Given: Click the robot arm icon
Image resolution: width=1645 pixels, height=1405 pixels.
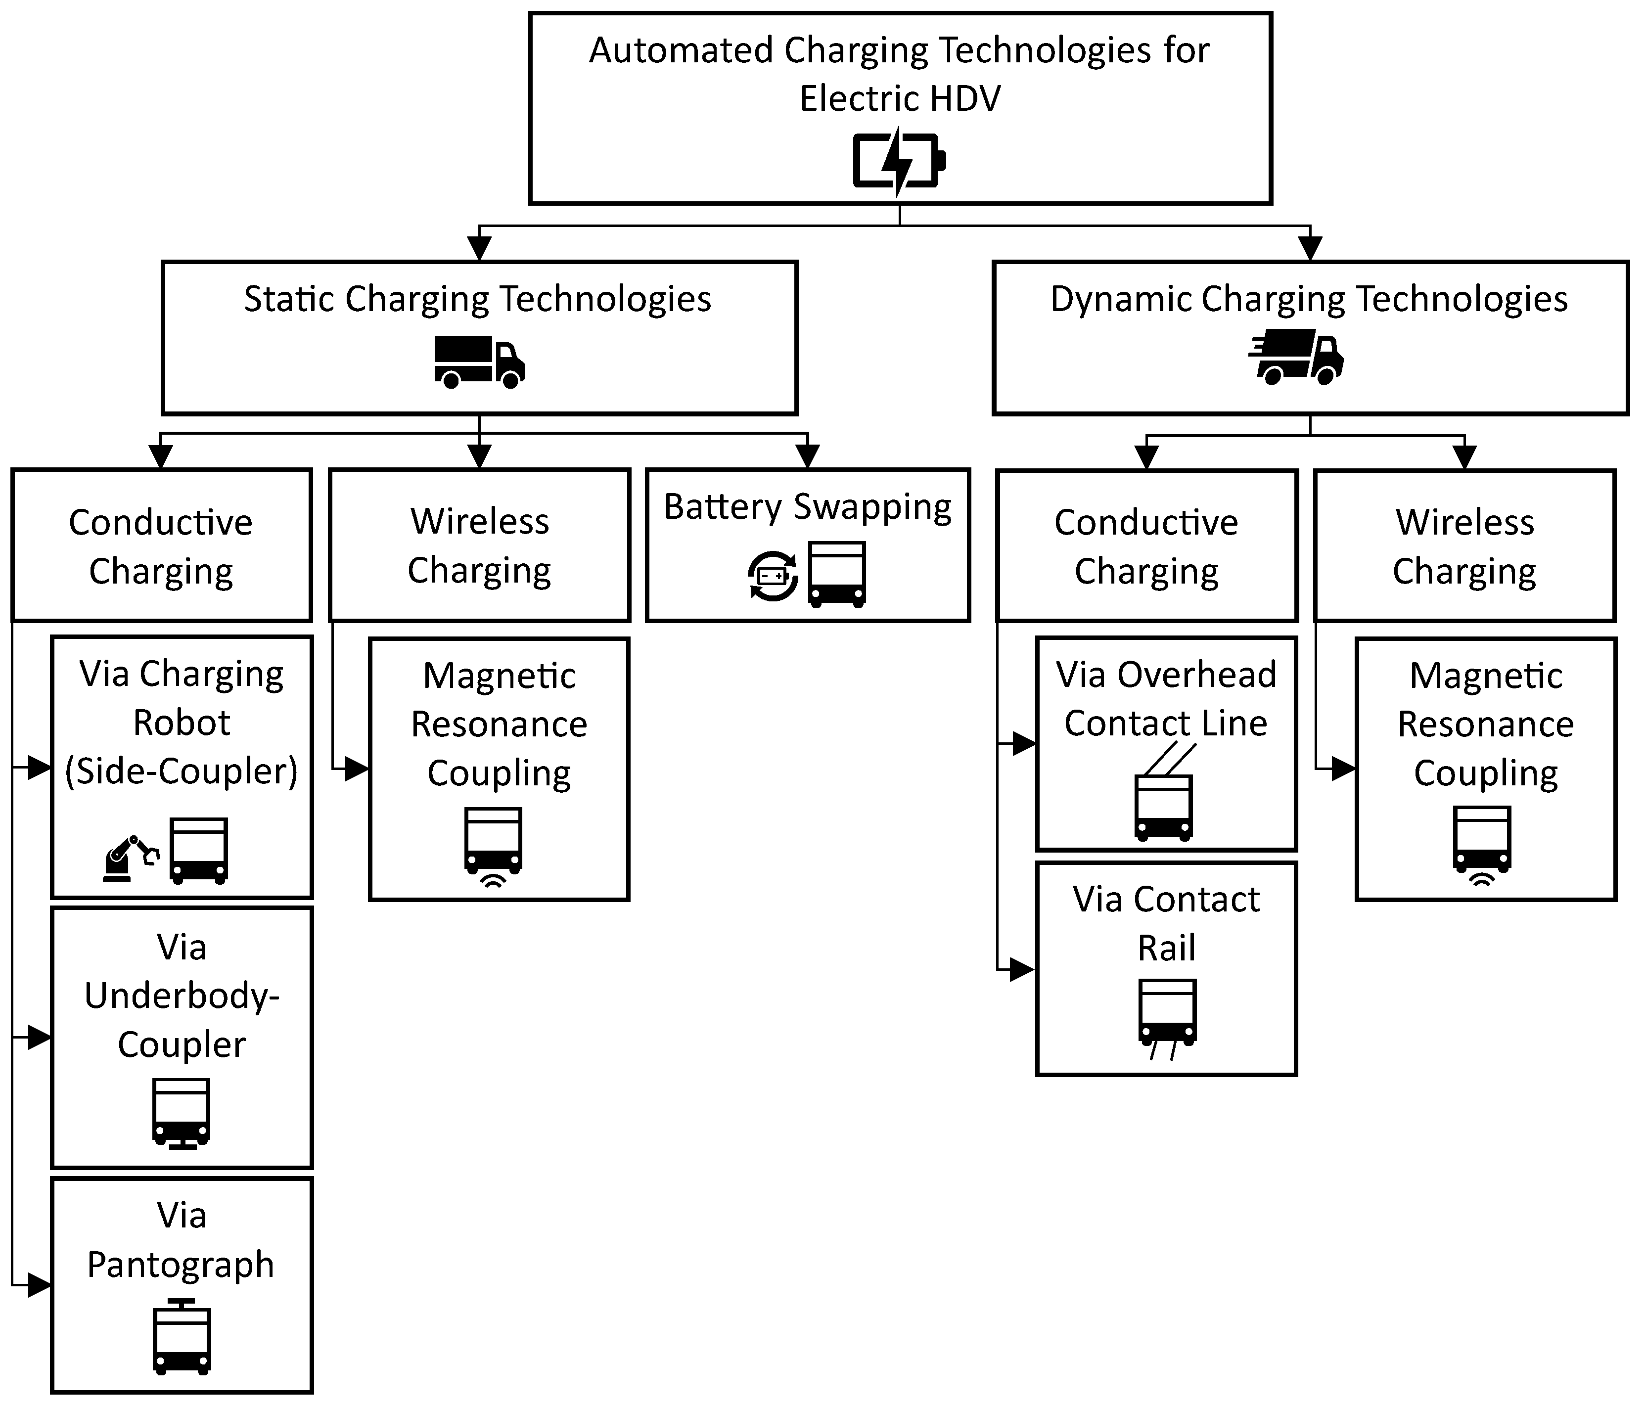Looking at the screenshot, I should [130, 858].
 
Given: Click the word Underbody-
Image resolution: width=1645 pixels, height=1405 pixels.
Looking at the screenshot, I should [182, 996].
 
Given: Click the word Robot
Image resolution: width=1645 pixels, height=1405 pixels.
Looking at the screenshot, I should [181, 723].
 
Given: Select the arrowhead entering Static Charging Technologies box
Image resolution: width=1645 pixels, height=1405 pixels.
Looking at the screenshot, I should [479, 248].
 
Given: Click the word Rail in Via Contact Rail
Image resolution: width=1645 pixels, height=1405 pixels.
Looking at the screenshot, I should [1166, 948].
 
